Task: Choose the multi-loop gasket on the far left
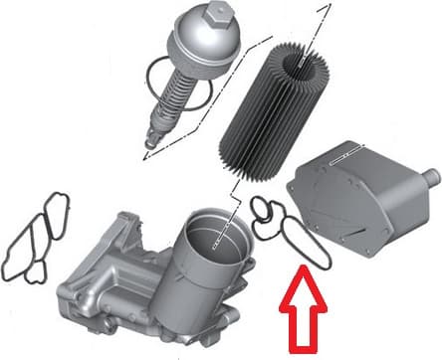[37, 239]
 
